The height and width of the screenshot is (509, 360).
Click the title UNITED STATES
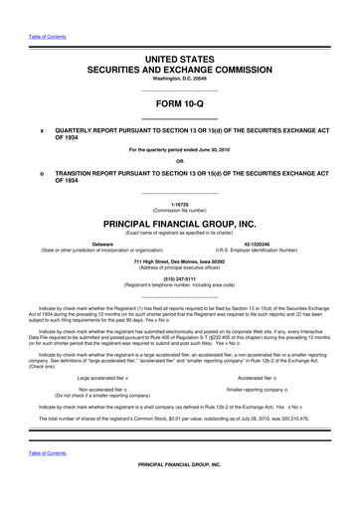coord(180,63)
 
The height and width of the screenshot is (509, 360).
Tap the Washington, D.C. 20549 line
coord(180,85)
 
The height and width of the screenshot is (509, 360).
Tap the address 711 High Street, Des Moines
coord(180,259)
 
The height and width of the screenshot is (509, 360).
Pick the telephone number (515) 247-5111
coord(180,278)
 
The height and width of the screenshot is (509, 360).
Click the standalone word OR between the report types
coord(180,162)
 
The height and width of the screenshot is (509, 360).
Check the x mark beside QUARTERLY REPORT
coord(41,130)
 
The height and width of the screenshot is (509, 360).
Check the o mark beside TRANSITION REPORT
coord(41,174)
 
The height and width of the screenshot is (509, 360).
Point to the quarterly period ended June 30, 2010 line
coord(180,150)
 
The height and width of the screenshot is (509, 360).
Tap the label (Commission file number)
coord(180,212)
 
